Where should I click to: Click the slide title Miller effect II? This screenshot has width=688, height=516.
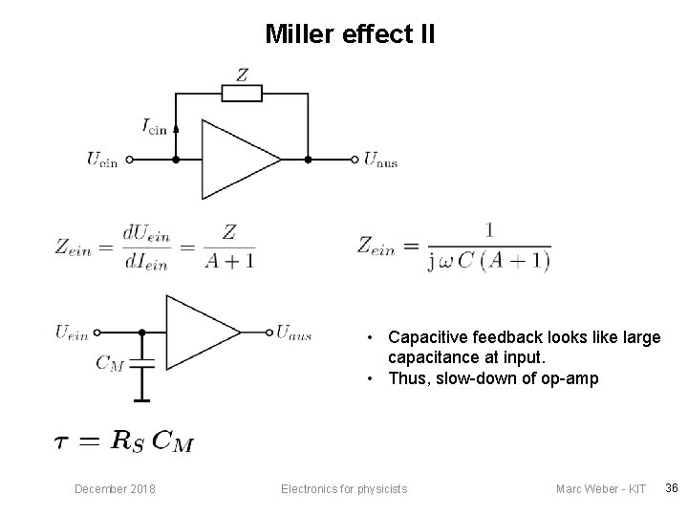click(350, 35)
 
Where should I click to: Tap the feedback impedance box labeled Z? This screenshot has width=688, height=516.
click(241, 93)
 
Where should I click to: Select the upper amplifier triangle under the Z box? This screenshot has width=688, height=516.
click(234, 160)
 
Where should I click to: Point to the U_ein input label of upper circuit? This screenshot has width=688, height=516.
click(102, 161)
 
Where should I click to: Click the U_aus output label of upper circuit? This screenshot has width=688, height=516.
click(381, 161)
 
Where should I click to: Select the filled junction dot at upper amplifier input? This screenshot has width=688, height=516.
click(175, 160)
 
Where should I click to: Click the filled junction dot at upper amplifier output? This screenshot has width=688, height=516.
click(307, 160)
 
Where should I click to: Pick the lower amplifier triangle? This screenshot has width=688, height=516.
click(198, 332)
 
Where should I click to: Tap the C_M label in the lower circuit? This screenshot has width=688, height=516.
click(110, 362)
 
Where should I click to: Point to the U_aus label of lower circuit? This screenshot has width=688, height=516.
click(293, 333)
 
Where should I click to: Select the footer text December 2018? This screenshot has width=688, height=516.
click(116, 489)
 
